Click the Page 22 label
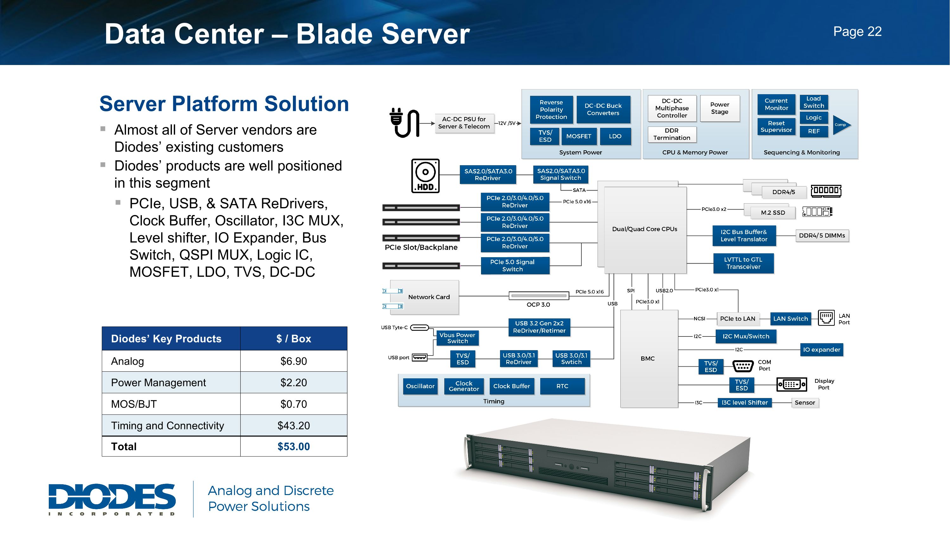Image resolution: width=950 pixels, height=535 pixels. pyautogui.click(x=857, y=32)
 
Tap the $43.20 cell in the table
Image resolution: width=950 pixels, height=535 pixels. pyautogui.click(x=294, y=425)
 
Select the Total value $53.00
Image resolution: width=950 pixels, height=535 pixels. pyautogui.click(x=294, y=447)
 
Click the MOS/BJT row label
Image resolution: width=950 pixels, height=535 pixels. pyautogui.click(x=134, y=404)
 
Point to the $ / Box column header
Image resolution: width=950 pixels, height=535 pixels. pyautogui.click(x=294, y=339)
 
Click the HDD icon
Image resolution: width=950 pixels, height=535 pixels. pyautogui.click(x=425, y=176)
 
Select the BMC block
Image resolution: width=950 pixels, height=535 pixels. pyautogui.click(x=648, y=358)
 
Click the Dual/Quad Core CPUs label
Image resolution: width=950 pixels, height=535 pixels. pyautogui.click(x=645, y=229)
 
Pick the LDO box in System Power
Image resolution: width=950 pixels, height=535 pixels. pyautogui.click(x=615, y=136)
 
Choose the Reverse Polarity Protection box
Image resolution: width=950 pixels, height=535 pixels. pyautogui.click(x=551, y=110)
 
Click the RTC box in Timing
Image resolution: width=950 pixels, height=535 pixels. pyautogui.click(x=562, y=386)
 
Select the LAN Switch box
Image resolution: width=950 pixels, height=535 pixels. pyautogui.click(x=790, y=319)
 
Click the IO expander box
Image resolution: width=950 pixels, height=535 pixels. pyautogui.click(x=821, y=350)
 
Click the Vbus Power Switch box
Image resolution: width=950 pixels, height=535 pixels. pyautogui.click(x=457, y=338)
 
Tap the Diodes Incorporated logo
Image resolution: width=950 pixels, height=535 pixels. pyautogui.click(x=112, y=499)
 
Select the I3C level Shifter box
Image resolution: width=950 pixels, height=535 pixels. pyautogui.click(x=744, y=402)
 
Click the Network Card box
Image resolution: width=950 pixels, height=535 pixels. pyautogui.click(x=428, y=297)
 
